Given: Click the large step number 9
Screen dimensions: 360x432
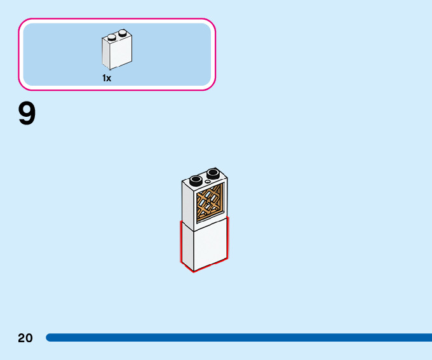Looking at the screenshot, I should click(x=27, y=114).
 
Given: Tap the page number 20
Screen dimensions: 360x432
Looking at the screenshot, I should click(x=25, y=338).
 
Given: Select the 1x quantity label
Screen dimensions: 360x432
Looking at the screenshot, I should click(x=107, y=78).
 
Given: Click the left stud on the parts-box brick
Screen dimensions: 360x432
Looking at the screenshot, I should click(x=112, y=36).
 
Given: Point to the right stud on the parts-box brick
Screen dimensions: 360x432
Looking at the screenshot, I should click(x=123, y=33).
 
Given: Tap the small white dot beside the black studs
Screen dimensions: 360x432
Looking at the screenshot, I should click(x=207, y=182).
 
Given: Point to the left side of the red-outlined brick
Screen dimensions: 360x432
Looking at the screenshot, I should click(x=187, y=244).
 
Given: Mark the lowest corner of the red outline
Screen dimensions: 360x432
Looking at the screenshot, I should click(x=194, y=272).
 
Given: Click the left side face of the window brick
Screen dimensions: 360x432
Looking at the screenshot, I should click(x=189, y=203).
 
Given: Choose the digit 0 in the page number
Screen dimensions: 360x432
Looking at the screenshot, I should click(x=29, y=338).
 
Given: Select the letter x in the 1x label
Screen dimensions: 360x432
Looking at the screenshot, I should click(x=109, y=78).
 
